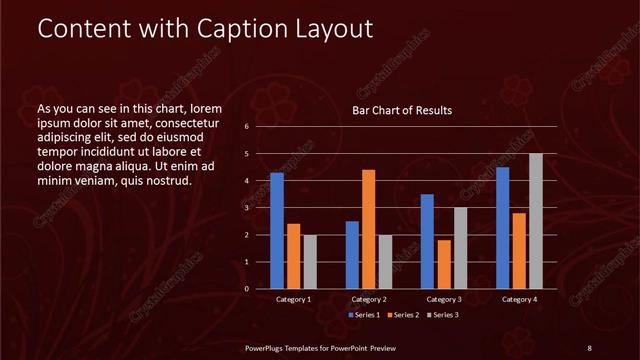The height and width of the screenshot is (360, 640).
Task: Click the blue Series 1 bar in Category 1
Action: click(277, 231)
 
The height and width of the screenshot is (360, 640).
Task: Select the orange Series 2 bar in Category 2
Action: click(368, 229)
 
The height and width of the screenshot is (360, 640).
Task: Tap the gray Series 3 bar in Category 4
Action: click(536, 221)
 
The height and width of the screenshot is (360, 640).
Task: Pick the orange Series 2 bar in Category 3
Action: click(443, 264)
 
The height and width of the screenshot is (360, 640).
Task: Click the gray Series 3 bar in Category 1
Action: click(310, 262)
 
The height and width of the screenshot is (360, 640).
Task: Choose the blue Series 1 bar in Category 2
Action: click(352, 255)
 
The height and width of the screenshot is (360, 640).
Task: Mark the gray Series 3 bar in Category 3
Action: click(460, 248)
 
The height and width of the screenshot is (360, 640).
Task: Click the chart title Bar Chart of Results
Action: click(402, 110)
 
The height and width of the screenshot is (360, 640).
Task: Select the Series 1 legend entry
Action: click(364, 315)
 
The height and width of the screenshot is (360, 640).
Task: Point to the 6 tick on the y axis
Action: click(246, 127)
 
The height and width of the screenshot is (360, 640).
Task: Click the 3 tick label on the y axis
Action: click(246, 208)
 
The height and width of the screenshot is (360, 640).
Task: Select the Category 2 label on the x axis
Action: click(368, 299)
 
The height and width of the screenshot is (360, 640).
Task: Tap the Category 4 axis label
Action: click(519, 299)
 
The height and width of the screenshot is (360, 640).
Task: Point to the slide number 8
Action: click(590, 347)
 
